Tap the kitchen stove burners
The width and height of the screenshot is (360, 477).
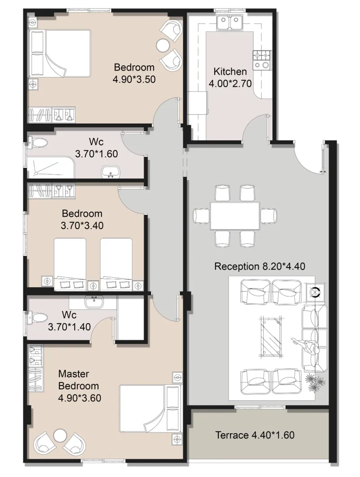point(261,59)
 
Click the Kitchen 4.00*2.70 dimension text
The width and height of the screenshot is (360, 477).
point(230,83)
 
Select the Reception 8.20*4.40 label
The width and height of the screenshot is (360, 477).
point(260,266)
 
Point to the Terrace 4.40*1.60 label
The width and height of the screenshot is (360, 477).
point(255,435)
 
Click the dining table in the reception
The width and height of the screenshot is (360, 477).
point(235,216)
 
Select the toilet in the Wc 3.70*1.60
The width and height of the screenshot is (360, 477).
point(37,143)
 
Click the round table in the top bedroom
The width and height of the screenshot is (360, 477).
point(163,45)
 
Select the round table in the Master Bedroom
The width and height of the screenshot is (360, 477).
point(60,435)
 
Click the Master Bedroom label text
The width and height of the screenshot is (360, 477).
point(78,380)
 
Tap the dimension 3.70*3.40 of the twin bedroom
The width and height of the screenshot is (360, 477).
point(82,226)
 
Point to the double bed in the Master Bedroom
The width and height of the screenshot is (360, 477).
point(149,408)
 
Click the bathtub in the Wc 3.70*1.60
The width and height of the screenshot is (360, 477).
point(51,167)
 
